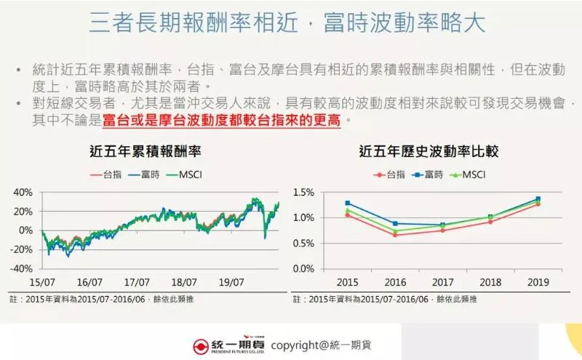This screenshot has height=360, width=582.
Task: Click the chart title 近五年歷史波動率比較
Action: point(429,152)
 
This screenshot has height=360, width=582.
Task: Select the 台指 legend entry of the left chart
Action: point(108,175)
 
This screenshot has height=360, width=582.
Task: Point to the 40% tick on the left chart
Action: point(23,193)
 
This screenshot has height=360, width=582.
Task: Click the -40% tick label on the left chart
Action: point(22,268)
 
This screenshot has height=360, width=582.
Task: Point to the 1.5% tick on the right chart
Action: point(303,193)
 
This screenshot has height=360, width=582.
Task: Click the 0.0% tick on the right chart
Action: point(303,268)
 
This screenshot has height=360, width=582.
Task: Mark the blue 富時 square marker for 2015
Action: point(348,203)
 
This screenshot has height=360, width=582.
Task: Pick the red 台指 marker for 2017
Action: point(442,230)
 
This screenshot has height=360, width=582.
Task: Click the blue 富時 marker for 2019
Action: point(538,199)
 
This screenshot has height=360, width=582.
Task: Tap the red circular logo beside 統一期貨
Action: point(202,345)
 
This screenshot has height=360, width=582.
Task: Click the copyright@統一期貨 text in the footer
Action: point(325,345)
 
